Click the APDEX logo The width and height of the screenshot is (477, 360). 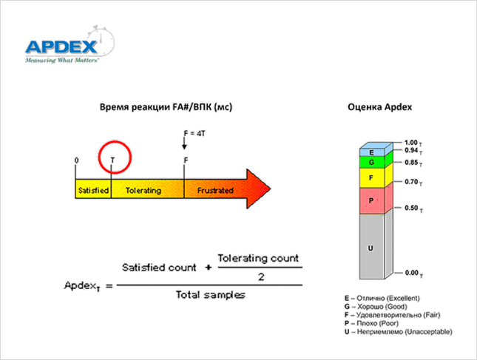63,47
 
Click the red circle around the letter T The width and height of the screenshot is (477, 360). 112,157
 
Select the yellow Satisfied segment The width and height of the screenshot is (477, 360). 93,190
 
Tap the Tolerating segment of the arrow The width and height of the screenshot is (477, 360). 143,190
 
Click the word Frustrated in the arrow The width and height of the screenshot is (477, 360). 215,190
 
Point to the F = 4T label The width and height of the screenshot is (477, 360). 194,133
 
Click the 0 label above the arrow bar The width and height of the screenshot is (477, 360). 77,160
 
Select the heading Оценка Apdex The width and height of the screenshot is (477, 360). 379,107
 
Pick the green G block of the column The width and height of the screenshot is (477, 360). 371,162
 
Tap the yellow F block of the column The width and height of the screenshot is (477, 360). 371,178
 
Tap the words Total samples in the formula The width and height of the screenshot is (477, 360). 211,294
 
